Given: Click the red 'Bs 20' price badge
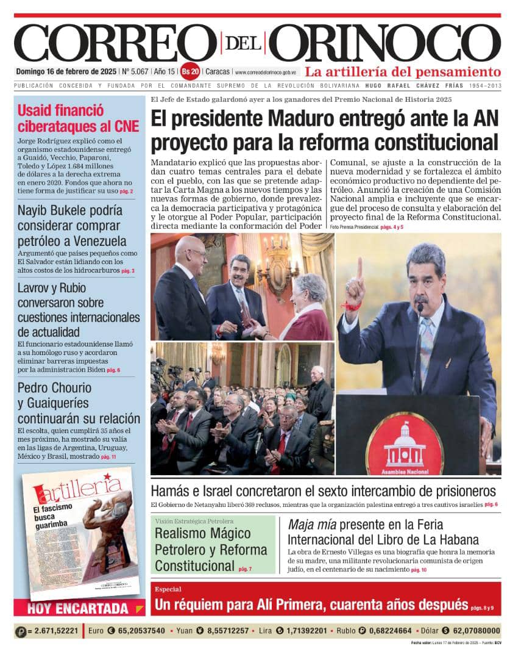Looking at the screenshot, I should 191,71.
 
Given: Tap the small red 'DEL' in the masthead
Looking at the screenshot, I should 243,43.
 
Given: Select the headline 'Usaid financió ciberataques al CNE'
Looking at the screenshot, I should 78,118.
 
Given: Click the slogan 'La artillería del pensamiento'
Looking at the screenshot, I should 403,71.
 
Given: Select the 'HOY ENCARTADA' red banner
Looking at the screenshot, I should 78,608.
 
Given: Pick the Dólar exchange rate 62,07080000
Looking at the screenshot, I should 470,631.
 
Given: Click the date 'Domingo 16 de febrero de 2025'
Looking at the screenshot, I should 66,71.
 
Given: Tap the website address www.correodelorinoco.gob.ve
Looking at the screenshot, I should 266,72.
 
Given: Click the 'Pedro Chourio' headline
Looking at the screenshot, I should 78,403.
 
